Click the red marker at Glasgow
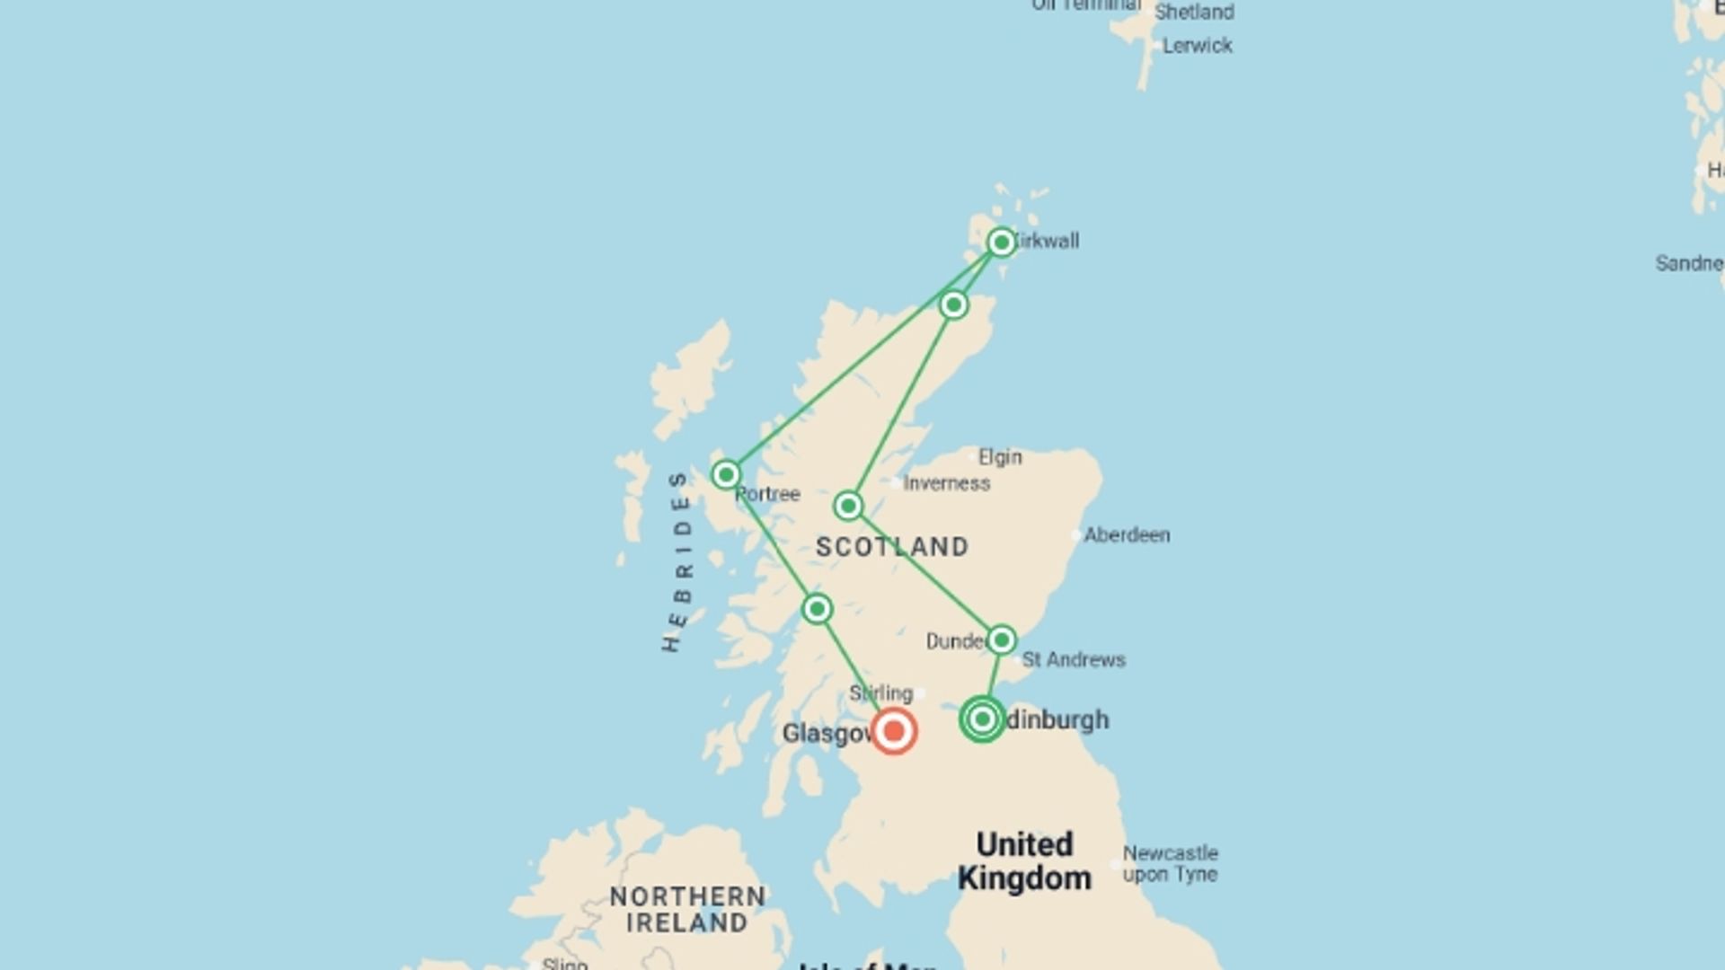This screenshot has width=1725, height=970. (x=893, y=731)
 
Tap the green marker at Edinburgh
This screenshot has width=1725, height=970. (x=982, y=719)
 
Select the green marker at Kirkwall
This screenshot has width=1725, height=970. (x=1001, y=242)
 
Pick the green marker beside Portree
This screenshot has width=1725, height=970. (x=726, y=474)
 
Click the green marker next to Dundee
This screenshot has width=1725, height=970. (x=1001, y=639)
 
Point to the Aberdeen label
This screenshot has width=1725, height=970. (x=1127, y=535)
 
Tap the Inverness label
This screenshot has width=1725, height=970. (x=946, y=483)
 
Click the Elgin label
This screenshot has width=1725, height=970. (x=1000, y=457)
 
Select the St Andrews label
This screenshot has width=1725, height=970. (x=1074, y=660)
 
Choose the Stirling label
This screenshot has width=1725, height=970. (x=880, y=693)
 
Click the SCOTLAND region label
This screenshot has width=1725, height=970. (x=892, y=547)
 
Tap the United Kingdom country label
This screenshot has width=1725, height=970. (x=1024, y=861)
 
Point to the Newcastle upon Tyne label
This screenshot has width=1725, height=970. (x=1170, y=863)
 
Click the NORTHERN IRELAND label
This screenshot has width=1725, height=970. (x=687, y=909)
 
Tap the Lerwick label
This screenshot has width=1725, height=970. (x=1197, y=46)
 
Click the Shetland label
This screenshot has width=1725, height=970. (x=1194, y=13)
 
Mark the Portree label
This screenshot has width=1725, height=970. (x=768, y=495)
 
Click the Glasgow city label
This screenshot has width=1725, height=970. (x=827, y=734)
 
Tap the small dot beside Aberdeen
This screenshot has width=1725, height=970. (x=1076, y=535)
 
